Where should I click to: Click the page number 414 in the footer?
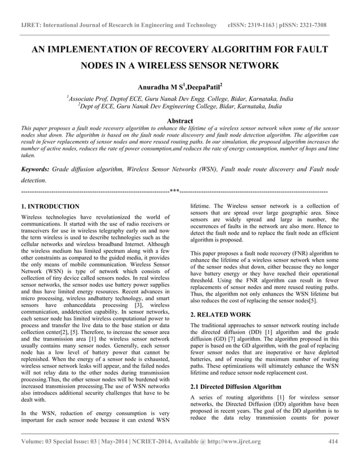tap(332, 441)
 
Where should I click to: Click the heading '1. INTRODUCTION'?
tap(50, 206)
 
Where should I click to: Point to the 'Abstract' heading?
tap(179, 121)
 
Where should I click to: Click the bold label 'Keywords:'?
tap(34, 169)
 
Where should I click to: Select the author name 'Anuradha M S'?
tap(160, 87)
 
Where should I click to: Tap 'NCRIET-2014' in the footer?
tap(169, 441)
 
